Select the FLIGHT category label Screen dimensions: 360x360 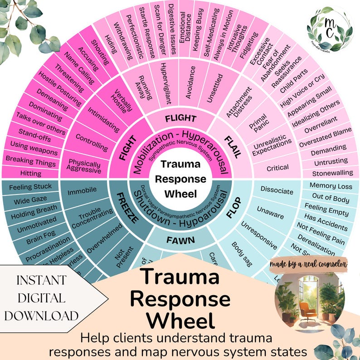[x=180, y=119]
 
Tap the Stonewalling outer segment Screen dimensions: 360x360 [x=332, y=173]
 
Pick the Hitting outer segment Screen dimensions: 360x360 [x=30, y=173]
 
